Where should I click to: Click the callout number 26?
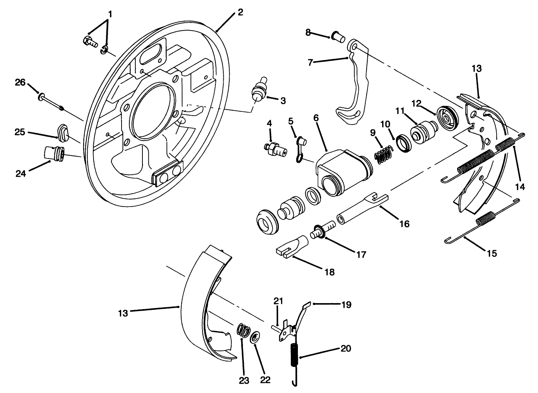point(20,82)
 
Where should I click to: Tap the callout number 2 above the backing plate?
point(240,12)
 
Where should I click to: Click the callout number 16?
point(404,224)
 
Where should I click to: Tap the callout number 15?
point(491,254)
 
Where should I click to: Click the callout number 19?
point(346,305)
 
